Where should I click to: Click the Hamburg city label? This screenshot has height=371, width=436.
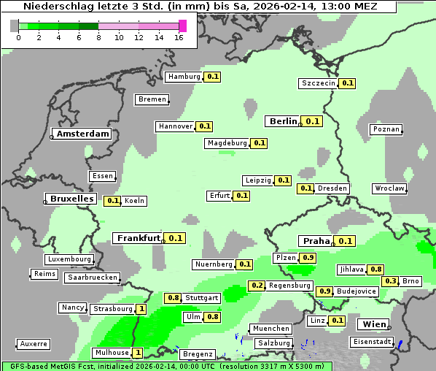click(184, 77)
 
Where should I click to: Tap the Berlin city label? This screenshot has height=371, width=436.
click(282, 121)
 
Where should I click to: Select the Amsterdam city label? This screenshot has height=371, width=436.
click(82, 134)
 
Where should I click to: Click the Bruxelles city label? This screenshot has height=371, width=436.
click(71, 198)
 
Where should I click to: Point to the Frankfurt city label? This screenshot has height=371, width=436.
click(138, 238)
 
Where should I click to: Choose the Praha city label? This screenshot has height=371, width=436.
click(316, 241)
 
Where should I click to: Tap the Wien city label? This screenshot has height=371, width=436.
click(372, 324)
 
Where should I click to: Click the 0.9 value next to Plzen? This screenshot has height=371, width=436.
click(308, 258)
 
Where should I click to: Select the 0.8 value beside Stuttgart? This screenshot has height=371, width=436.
click(173, 298)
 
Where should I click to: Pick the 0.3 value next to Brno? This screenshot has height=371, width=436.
click(391, 281)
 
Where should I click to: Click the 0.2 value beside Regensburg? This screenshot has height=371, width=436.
click(257, 286)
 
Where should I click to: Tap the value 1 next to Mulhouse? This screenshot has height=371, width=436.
click(138, 352)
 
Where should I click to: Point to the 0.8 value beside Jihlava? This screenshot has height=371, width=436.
click(376, 269)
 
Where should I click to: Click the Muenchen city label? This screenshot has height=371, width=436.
click(270, 329)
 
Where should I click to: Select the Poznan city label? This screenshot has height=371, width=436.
click(386, 129)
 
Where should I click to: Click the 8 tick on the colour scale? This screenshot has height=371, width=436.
click(98, 37)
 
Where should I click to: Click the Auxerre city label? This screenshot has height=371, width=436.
click(34, 343)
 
